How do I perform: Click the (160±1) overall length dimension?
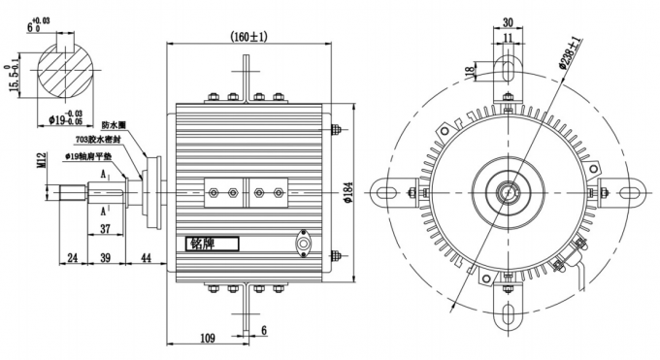(x=248, y=37)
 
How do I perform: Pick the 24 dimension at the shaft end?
(x=72, y=259)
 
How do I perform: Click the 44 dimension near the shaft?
(x=147, y=259)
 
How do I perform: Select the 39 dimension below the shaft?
(x=105, y=259)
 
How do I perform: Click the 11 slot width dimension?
(x=508, y=39)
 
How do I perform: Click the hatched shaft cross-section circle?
(x=64, y=78)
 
